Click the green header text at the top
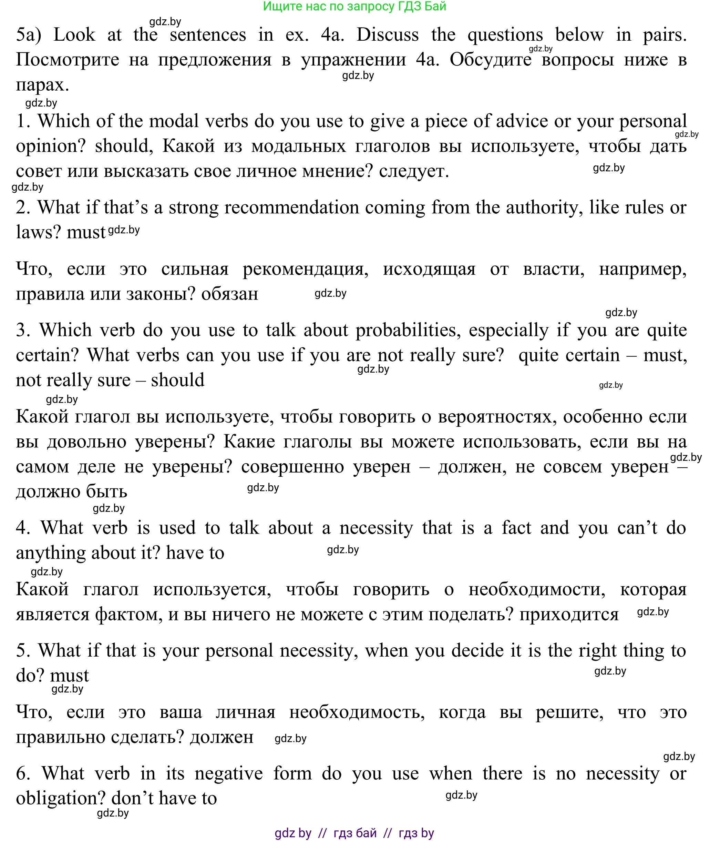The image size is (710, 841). [354, 7]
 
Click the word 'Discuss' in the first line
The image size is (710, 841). [387, 35]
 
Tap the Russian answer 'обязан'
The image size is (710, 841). [229, 294]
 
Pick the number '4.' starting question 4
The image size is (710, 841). [23, 528]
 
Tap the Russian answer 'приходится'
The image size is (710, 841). [568, 615]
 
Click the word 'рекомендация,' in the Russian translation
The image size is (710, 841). [305, 269]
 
